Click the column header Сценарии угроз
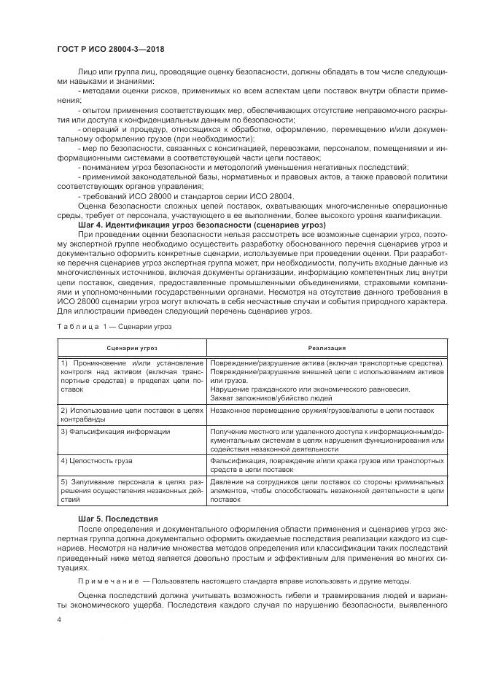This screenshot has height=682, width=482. (x=132, y=349)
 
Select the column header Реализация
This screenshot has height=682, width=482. (x=325, y=349)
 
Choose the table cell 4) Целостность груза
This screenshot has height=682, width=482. (x=95, y=462)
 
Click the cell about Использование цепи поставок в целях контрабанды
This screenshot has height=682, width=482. (x=132, y=415)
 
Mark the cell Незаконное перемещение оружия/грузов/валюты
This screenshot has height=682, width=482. (x=322, y=411)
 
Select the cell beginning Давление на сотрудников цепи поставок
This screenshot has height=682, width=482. (x=327, y=491)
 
